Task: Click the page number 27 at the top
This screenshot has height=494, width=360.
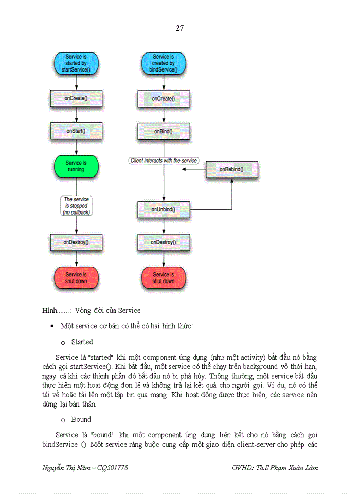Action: [179, 28]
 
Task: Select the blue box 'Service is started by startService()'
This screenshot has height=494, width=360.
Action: [76, 63]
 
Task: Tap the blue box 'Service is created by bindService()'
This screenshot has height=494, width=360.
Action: [164, 63]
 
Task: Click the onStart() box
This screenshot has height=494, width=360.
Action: [76, 131]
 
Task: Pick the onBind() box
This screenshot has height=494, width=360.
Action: [164, 132]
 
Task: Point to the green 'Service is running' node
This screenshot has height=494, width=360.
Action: [76, 166]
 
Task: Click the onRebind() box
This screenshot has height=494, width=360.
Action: [231, 169]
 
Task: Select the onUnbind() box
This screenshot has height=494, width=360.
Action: [164, 209]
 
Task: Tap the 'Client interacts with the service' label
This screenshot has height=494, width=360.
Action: [164, 161]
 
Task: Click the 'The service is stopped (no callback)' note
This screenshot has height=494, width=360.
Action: [76, 205]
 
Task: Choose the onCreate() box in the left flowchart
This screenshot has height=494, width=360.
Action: [76, 98]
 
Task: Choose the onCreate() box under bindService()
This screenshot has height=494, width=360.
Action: [164, 98]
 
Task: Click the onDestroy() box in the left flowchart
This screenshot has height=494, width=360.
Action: [76, 242]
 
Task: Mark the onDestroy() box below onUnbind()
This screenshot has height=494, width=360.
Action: [164, 242]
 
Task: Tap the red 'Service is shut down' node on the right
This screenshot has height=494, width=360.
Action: [164, 278]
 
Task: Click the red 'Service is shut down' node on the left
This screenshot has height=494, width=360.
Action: [76, 278]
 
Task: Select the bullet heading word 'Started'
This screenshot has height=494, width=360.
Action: [82, 342]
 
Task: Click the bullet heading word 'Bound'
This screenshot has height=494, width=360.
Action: [81, 419]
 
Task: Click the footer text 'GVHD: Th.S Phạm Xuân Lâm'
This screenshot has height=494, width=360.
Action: [275, 467]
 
